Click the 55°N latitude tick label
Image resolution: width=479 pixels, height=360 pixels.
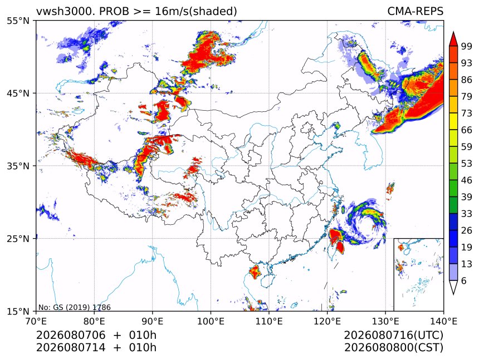point(18,21)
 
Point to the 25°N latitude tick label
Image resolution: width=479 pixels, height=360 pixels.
point(18,239)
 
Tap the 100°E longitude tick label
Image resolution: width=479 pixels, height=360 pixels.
point(211,321)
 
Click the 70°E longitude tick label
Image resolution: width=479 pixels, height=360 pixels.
point(36,321)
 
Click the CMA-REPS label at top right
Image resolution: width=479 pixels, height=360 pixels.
point(415,11)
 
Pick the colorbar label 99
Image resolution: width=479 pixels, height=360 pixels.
point(467,46)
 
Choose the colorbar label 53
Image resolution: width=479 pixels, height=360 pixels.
point(467,164)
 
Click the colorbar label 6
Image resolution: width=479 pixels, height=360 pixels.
point(464,280)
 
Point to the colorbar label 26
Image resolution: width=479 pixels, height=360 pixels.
point(467,230)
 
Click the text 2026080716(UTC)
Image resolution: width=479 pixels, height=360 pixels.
point(393,335)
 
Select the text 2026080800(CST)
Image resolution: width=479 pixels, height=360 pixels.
point(393,348)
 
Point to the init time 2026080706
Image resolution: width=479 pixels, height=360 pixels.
point(71,335)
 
